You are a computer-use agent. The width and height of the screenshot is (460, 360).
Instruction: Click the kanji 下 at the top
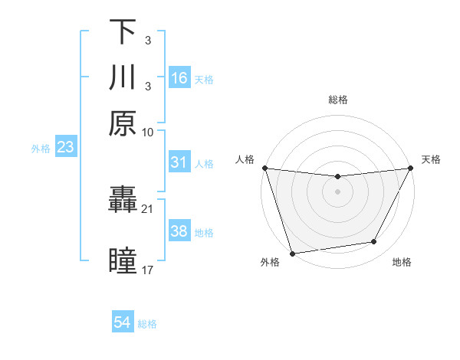pos(123,32)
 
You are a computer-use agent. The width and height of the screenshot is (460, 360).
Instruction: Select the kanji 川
pos(123,78)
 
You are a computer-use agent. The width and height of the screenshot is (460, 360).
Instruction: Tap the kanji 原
pos(123,123)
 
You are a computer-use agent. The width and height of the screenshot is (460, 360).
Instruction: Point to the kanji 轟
pos(123,201)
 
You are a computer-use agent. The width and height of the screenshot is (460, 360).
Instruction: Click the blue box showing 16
pos(179,78)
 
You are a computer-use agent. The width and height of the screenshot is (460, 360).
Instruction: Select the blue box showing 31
pos(179,163)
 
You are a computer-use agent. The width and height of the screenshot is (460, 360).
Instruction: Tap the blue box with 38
pos(179,232)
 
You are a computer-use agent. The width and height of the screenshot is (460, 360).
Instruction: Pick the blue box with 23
pos(65,148)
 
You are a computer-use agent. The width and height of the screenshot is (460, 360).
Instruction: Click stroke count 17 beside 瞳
pos(147,270)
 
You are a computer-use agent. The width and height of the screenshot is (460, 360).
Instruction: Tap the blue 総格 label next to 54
pos(147,324)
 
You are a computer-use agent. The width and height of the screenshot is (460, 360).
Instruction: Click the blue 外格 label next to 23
pos(41,149)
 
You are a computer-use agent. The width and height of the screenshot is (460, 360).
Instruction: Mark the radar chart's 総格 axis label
pos(337,100)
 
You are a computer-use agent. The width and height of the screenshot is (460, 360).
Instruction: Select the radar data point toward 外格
pos(292,253)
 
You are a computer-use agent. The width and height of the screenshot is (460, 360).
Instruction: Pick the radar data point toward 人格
pos(264,168)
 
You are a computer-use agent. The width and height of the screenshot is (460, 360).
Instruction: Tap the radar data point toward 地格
pos(374,242)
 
